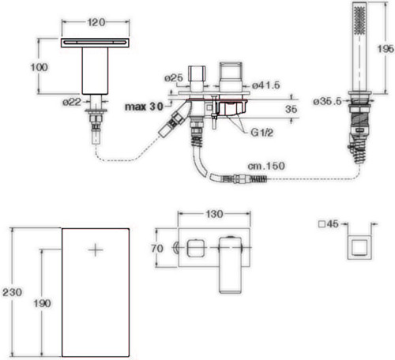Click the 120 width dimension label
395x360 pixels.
click(x=96, y=22)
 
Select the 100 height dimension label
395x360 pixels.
click(x=39, y=67)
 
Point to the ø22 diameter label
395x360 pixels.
click(x=72, y=102)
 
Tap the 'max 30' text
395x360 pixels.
click(x=144, y=107)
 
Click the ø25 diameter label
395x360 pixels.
click(x=174, y=78)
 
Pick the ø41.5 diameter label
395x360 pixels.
click(x=266, y=85)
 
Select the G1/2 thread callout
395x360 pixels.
click(x=261, y=133)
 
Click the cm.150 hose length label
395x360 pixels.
click(x=266, y=166)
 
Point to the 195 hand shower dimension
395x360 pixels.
click(x=386, y=49)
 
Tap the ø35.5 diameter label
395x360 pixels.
click(x=327, y=101)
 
